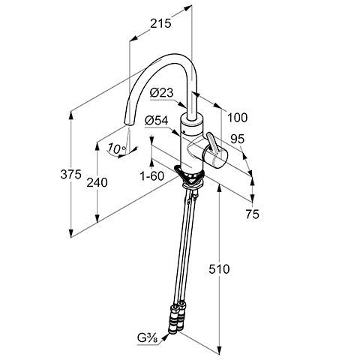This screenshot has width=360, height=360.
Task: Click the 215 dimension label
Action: tap(160, 24)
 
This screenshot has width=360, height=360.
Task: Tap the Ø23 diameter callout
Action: tap(161, 93)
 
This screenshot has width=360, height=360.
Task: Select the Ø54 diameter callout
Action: tap(157, 121)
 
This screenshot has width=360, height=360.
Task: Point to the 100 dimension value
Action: tap(237, 118)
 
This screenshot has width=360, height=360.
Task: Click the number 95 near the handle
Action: tap(237, 139)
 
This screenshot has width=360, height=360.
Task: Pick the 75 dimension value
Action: tap(252, 214)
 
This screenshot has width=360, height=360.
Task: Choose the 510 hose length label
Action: tap(219, 269)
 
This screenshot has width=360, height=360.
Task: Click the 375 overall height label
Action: tap(71, 174)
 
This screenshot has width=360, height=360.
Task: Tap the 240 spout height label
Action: tap(97, 182)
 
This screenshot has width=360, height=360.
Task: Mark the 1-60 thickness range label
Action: tap(152, 176)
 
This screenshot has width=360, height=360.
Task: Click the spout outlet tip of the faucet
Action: tap(129, 124)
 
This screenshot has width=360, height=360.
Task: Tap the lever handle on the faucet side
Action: tap(213, 145)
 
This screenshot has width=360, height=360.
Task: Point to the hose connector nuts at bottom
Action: tap(176, 319)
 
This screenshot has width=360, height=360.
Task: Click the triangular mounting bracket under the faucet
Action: tap(190, 175)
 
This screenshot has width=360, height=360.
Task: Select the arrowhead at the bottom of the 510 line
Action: tap(220, 349)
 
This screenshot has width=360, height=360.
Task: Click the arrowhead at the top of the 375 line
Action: tap(71, 115)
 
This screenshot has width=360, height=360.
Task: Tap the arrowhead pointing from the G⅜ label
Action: tap(165, 337)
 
